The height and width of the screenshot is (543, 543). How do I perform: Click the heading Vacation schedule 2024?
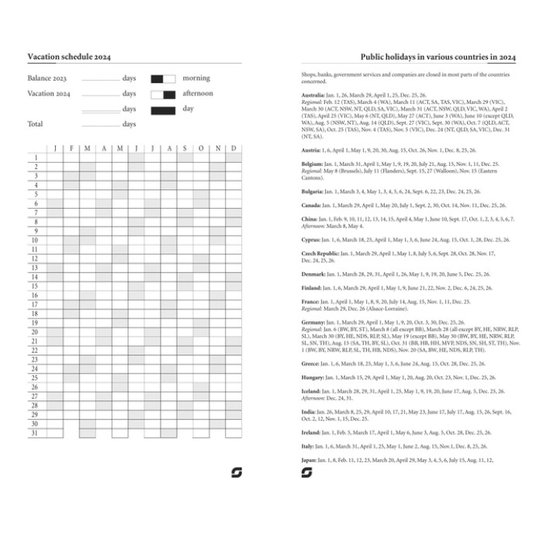pos(69,57)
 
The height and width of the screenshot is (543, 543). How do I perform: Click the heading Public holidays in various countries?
pos(438,57)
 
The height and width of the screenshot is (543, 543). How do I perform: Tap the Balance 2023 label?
pos(47,78)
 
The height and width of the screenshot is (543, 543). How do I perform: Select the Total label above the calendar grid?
pos(36,123)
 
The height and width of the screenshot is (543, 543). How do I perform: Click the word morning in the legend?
pos(196,78)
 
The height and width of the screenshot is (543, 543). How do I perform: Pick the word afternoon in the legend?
pos(198,93)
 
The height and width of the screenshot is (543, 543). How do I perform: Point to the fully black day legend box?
pos(163,109)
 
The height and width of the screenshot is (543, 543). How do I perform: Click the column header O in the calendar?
pos(201,147)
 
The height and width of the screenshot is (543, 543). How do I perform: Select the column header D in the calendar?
pos(233,147)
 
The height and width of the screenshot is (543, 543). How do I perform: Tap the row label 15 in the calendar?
pos(35,286)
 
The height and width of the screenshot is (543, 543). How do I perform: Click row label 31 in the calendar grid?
pos(35,433)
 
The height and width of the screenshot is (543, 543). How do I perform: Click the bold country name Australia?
pos(313,95)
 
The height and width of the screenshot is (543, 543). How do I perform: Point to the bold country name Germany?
pos(313,321)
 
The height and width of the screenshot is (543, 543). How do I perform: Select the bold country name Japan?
pos(309,460)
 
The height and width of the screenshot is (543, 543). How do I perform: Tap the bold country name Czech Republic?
pos(320,253)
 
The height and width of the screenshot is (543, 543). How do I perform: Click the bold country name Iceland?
pos(311,391)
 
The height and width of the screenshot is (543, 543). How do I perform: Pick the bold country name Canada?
pos(312,206)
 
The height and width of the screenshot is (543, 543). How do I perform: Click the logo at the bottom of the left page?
pos(237,472)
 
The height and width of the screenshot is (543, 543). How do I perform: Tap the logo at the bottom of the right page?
pos(306,472)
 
